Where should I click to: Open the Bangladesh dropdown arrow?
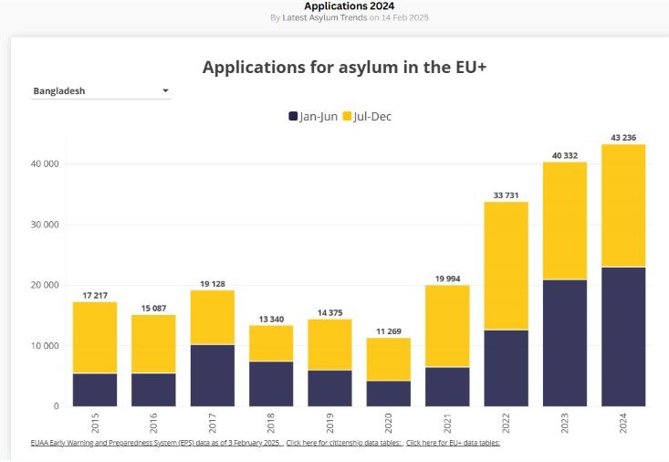point(165,90)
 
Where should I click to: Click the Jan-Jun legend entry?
point(313,116)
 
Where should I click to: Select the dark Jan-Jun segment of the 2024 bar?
point(623,336)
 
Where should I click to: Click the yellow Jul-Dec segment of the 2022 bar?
point(506,265)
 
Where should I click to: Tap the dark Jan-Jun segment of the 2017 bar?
point(213,375)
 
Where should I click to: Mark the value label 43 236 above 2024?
point(623,138)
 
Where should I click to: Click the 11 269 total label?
point(389,331)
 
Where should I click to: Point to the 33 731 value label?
point(506,194)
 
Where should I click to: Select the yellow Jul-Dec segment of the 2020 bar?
point(389,359)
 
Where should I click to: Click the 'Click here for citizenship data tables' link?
point(344,443)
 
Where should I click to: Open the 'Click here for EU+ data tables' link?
point(453,443)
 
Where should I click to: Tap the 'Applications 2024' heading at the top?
point(337,5)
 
